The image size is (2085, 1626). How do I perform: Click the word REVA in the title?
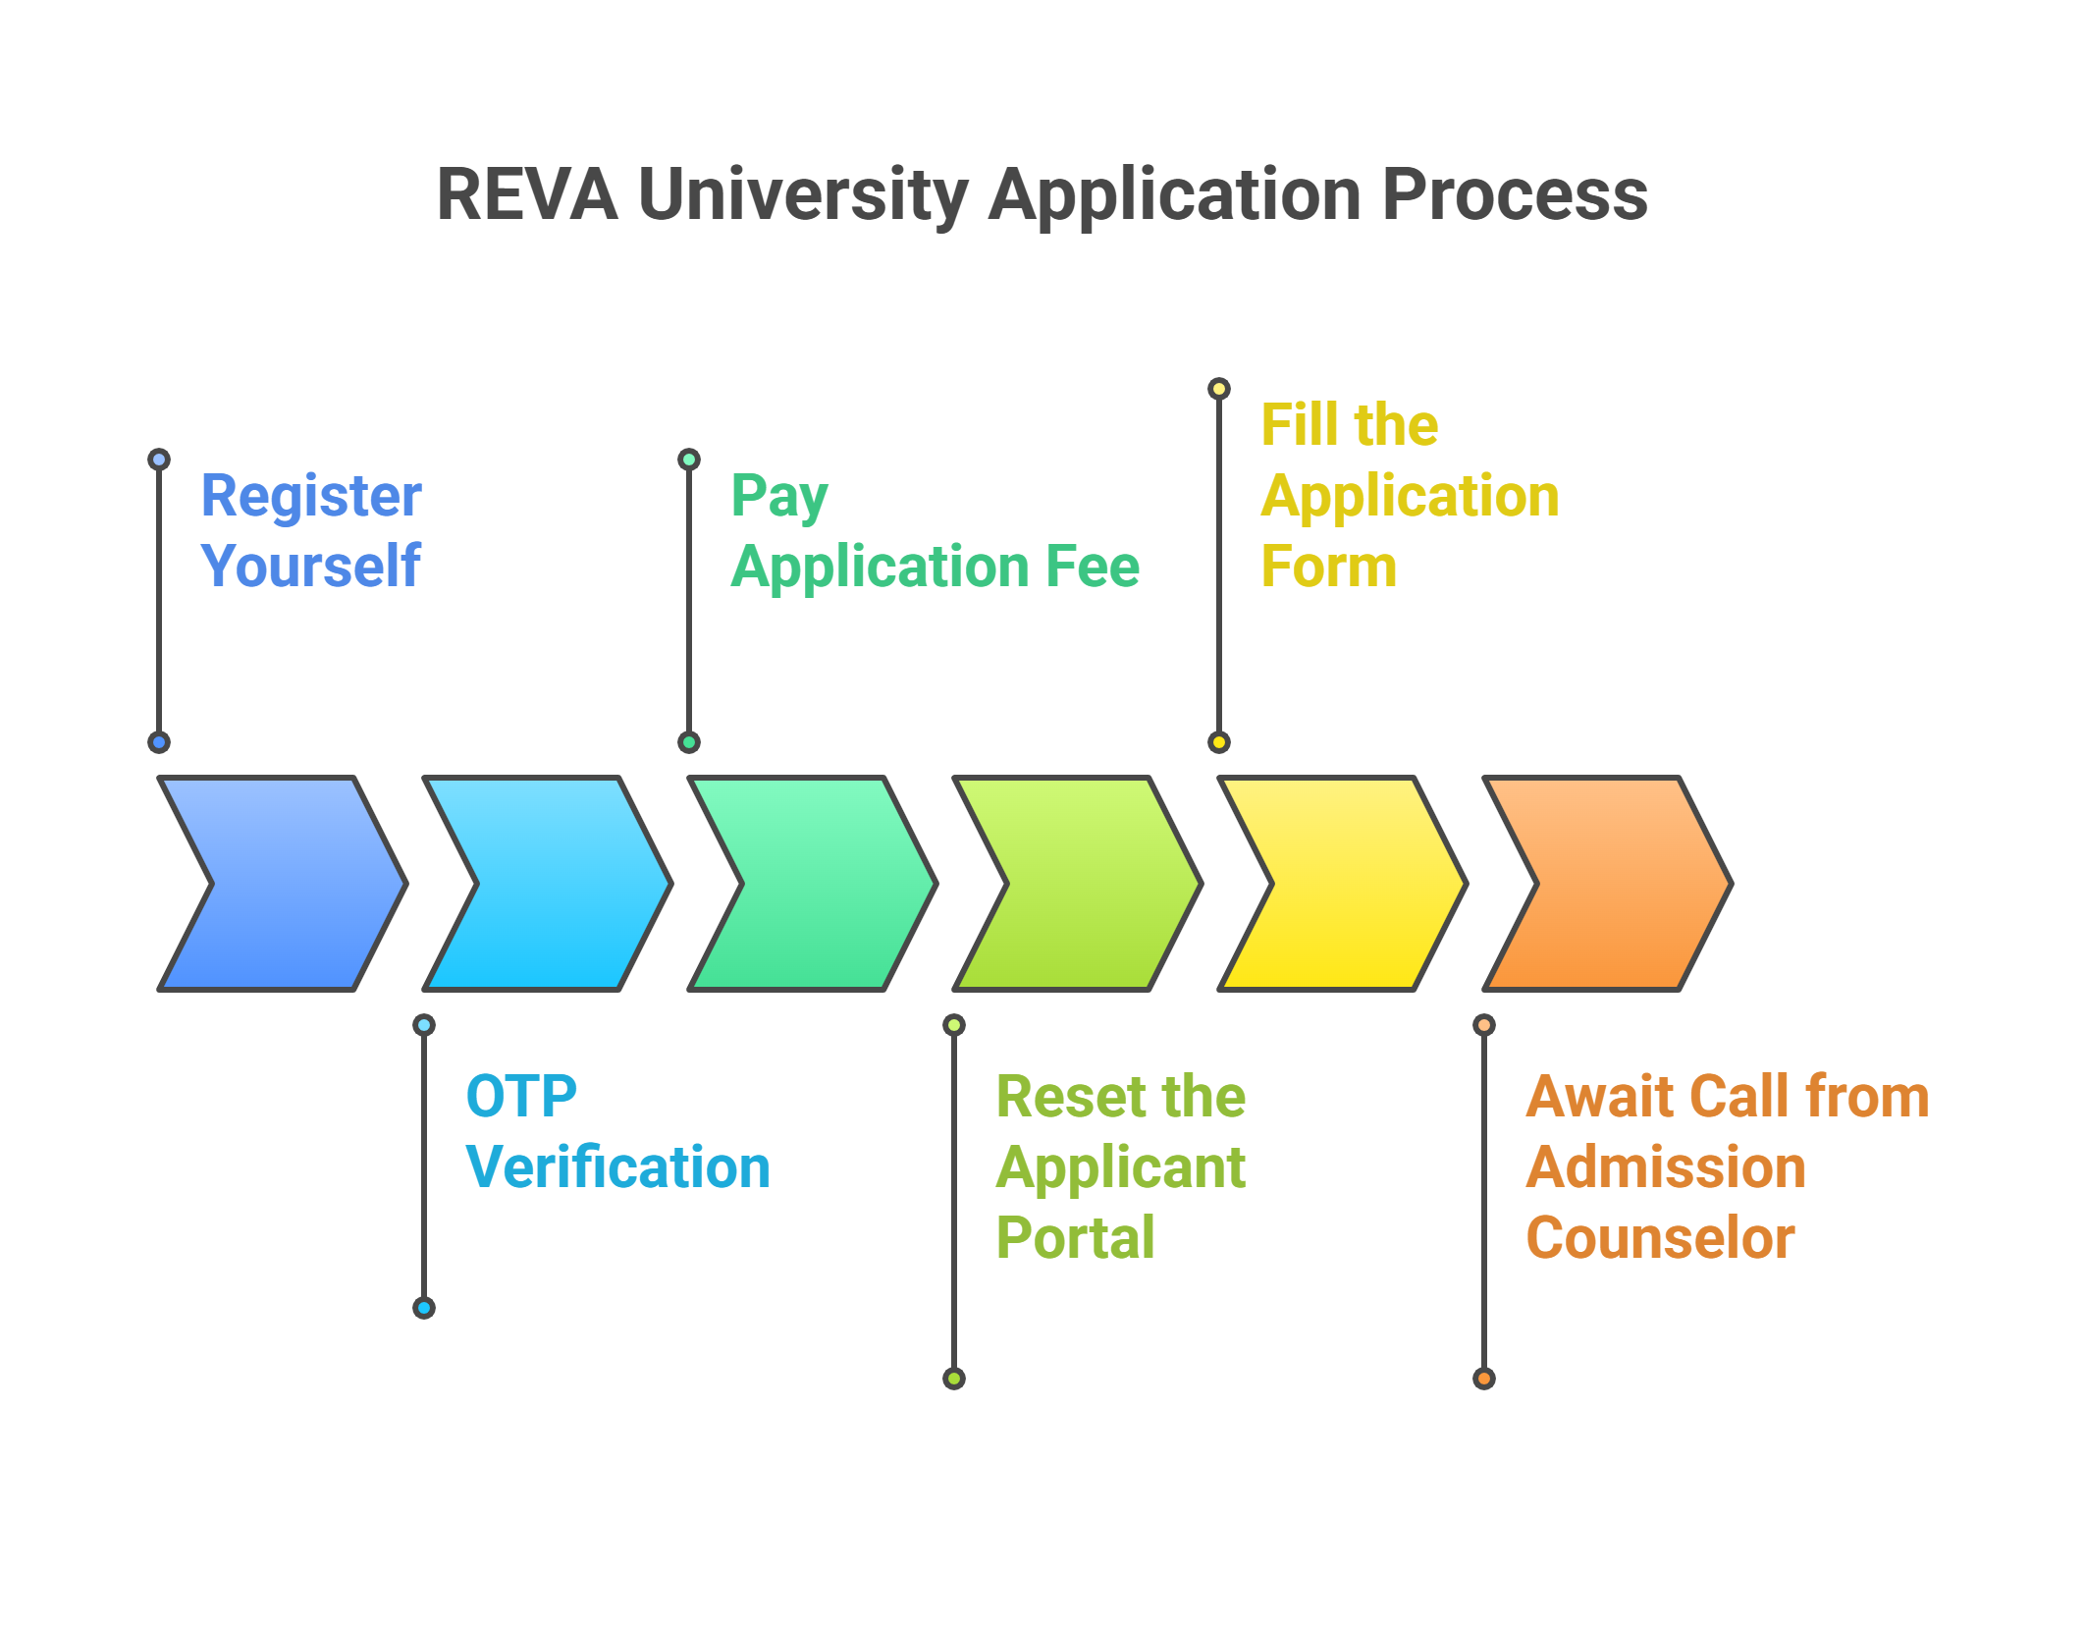527,194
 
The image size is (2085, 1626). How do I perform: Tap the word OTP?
521,1096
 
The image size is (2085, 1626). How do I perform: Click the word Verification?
617,1166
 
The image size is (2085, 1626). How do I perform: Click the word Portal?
1075,1237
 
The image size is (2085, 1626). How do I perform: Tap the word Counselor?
1660,1237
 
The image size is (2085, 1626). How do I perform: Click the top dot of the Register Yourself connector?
159,460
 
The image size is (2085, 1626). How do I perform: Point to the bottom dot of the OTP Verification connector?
424,1308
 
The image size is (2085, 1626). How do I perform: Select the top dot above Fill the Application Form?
1219,389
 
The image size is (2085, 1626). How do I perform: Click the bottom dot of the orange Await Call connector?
1484,1379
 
